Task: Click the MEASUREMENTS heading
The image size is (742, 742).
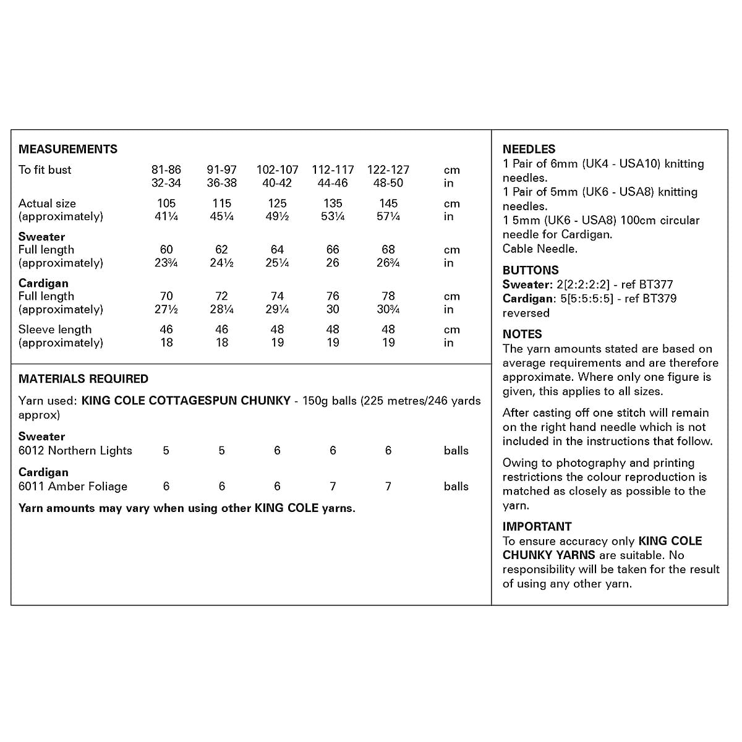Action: (68, 149)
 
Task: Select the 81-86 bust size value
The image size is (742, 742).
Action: (166, 169)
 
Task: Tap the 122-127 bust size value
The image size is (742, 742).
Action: (388, 169)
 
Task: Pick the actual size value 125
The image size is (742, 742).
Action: (278, 203)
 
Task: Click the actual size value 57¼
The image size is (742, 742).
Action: (388, 216)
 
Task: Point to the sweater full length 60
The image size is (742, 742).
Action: (166, 250)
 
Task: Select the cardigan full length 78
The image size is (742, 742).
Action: (388, 296)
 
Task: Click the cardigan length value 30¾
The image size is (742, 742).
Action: (388, 309)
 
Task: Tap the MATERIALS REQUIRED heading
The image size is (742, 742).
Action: (83, 379)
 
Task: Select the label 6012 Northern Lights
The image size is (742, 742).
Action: (75, 451)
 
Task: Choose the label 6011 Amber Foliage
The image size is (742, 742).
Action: (73, 487)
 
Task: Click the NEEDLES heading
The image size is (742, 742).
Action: (529, 149)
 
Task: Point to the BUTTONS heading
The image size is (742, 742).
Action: (531, 270)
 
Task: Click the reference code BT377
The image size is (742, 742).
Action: (655, 284)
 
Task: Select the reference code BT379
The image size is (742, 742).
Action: (659, 299)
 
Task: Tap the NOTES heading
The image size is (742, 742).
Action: (522, 335)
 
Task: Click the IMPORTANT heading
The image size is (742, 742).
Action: (537, 527)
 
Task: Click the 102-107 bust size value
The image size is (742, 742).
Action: (278, 169)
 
